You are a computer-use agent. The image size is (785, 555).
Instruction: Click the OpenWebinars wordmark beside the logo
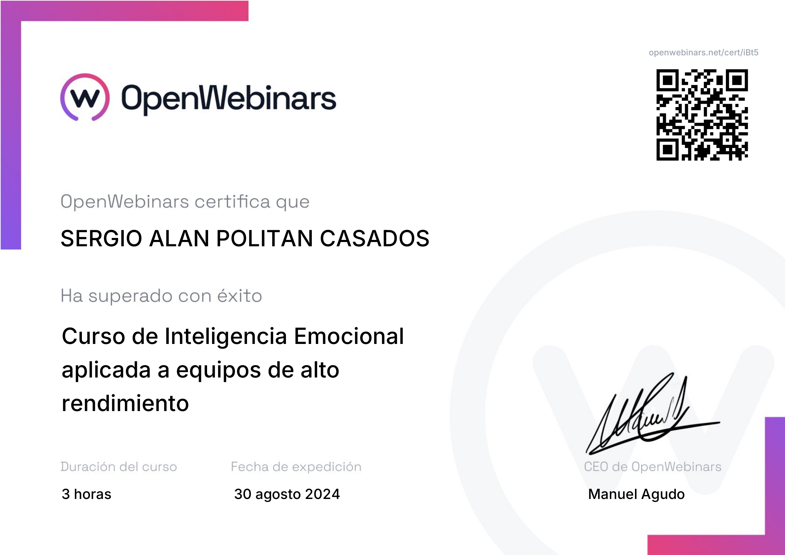tap(229, 99)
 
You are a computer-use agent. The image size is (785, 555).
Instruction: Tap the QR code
tap(702, 114)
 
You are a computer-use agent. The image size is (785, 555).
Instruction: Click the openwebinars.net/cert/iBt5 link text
tap(704, 52)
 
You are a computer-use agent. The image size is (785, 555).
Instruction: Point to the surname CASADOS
tap(375, 238)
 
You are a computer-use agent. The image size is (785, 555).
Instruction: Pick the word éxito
tap(240, 295)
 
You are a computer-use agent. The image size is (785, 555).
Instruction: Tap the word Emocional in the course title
tap(349, 336)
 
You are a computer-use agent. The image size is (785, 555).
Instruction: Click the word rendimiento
tap(125, 403)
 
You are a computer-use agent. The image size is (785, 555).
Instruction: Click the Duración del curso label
tap(118, 466)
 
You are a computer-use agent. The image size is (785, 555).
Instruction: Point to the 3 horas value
tap(87, 494)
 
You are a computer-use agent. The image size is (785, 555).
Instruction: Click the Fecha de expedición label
tap(296, 467)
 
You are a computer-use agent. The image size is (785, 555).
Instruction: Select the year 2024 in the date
tap(323, 494)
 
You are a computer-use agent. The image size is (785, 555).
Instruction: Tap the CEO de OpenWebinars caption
tap(653, 467)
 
